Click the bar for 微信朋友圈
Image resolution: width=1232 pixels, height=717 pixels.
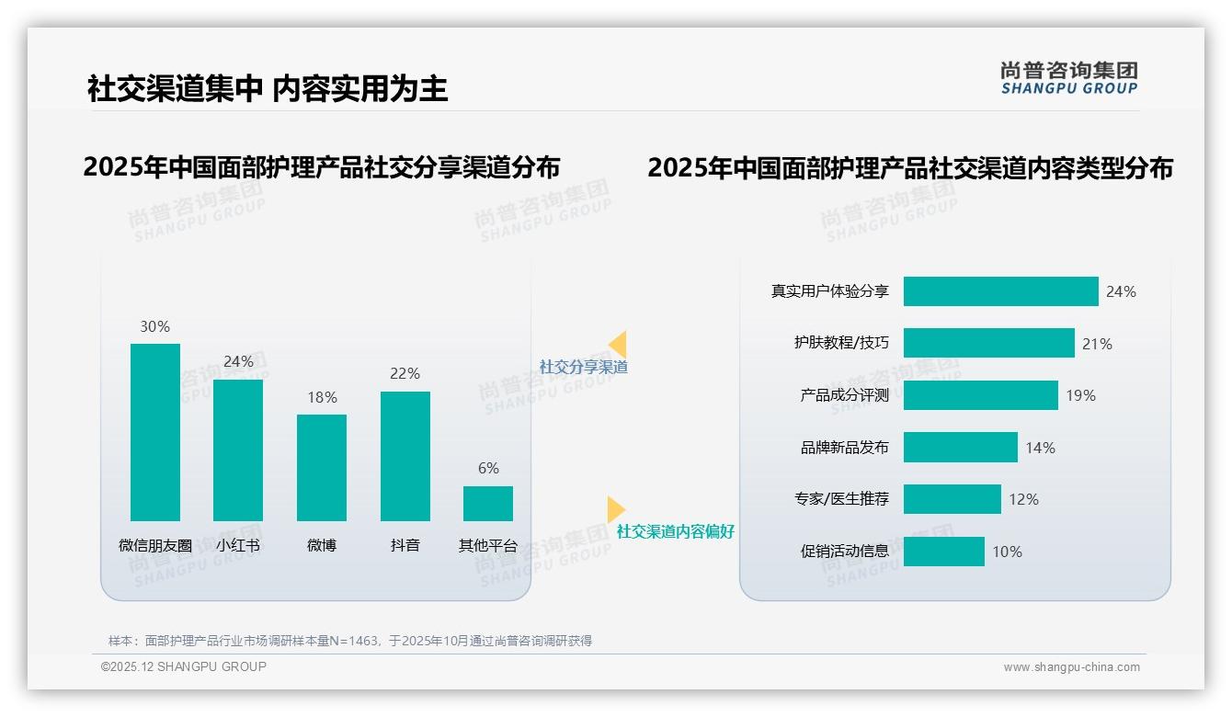pyautogui.click(x=155, y=432)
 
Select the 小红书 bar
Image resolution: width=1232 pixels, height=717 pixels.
pyautogui.click(x=238, y=450)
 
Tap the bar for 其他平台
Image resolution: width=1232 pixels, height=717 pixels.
pyautogui.click(x=488, y=504)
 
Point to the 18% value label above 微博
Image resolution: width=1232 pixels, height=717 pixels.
pyautogui.click(x=322, y=397)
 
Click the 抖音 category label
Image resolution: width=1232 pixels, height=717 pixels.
pyautogui.click(x=405, y=545)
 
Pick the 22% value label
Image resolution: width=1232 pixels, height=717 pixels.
pyautogui.click(x=405, y=373)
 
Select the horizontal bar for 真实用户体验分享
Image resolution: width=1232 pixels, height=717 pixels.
pyautogui.click(x=1000, y=291)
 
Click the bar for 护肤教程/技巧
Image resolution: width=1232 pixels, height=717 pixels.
pyautogui.click(x=988, y=343)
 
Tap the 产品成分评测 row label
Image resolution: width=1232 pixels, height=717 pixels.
pyautogui.click(x=844, y=395)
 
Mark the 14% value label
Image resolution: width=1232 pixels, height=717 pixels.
pyautogui.click(x=1040, y=448)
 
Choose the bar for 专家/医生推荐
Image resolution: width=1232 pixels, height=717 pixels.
pyautogui.click(x=952, y=499)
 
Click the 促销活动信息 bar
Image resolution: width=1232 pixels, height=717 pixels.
pyautogui.click(x=943, y=552)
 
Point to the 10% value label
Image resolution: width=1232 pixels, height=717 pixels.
pyautogui.click(x=1007, y=552)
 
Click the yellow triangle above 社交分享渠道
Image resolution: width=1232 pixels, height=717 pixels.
pyautogui.click(x=618, y=345)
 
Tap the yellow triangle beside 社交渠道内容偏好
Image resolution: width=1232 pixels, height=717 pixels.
pyautogui.click(x=615, y=509)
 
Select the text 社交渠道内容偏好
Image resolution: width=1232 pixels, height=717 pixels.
pyautogui.click(x=676, y=531)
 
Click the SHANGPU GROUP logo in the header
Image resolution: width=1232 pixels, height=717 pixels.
pyautogui.click(x=1069, y=78)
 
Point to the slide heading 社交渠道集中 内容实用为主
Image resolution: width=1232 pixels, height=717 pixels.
pyautogui.click(x=268, y=88)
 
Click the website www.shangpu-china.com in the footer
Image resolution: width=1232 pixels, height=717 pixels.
pyautogui.click(x=1071, y=667)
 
